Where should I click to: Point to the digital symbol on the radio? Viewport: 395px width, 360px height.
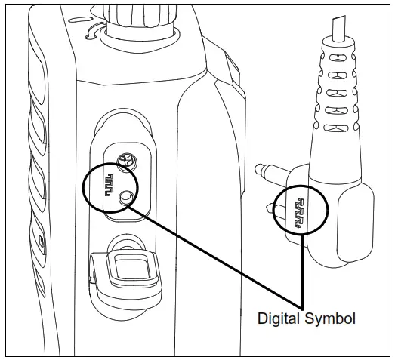(x=111, y=182)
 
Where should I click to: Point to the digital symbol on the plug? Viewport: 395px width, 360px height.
(x=300, y=211)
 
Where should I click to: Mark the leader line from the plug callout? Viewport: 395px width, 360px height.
(x=303, y=272)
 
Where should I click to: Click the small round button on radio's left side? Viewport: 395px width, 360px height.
(x=40, y=243)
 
